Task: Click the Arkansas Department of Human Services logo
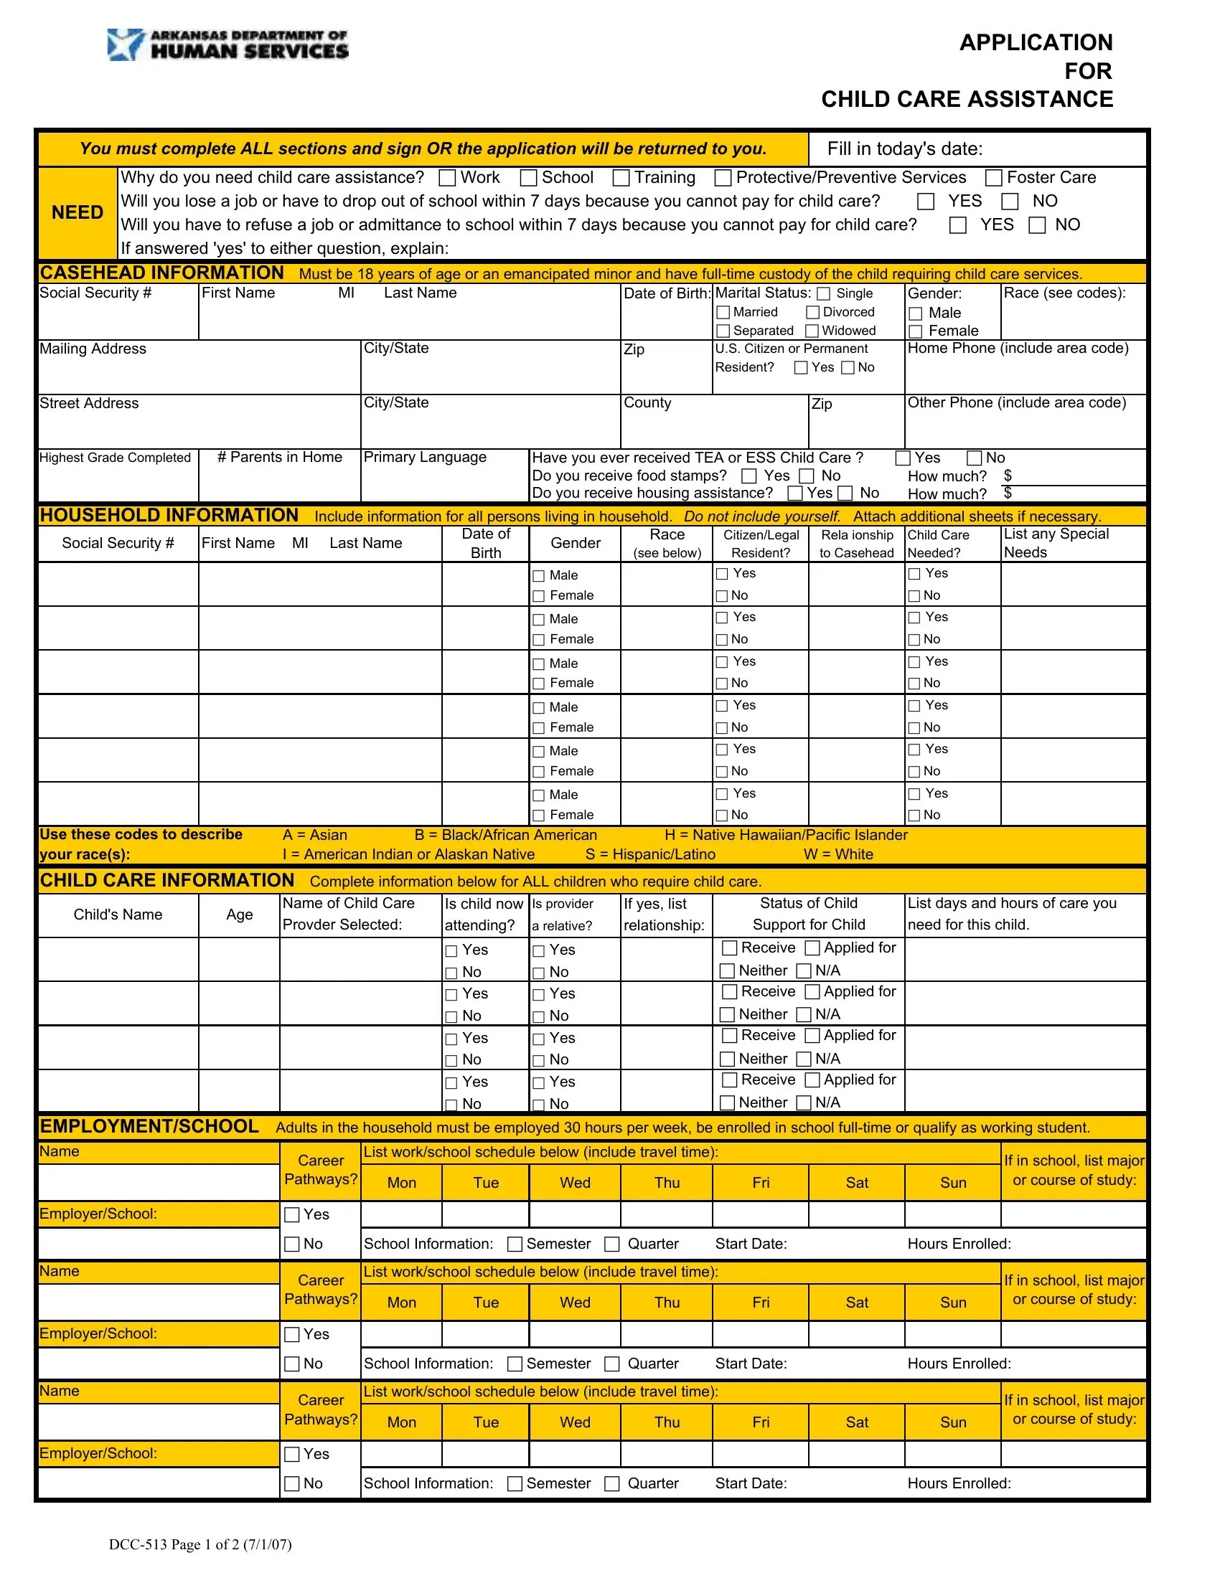[x=227, y=44]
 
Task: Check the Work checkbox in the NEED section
[x=448, y=178]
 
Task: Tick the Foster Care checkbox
[x=995, y=178]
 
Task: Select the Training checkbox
[x=621, y=178]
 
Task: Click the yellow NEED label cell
[x=78, y=212]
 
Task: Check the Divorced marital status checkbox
[x=813, y=312]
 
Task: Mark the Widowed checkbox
[x=812, y=331]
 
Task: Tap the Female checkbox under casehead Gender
[x=916, y=331]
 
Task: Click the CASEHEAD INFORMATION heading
[x=162, y=273]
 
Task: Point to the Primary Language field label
[x=425, y=458]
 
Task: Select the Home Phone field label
[x=1018, y=349]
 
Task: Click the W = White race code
[x=838, y=854]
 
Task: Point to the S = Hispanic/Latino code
[x=650, y=854]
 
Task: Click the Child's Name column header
[x=118, y=915]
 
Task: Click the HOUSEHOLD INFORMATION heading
[x=169, y=515]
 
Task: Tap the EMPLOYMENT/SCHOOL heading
[x=149, y=1126]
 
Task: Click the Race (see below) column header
[x=667, y=544]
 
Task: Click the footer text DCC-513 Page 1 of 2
[x=200, y=1544]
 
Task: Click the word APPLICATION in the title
[x=1036, y=42]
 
